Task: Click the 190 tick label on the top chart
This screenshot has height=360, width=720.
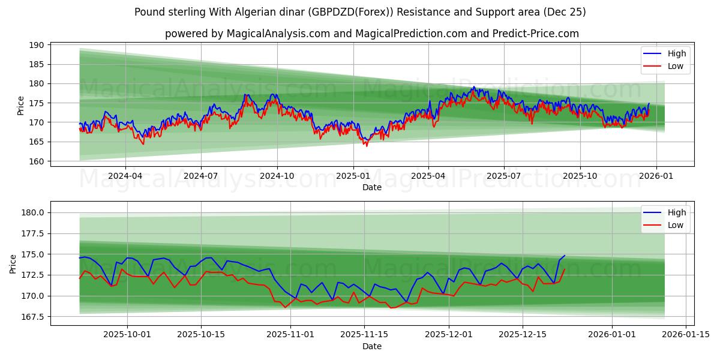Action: tap(36, 45)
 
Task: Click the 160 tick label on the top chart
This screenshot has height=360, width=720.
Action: tap(36, 161)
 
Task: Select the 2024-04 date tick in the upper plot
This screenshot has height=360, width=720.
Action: tap(125, 176)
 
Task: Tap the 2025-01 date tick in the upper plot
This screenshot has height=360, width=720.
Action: tap(353, 176)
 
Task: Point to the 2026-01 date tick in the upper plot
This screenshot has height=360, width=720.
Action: tap(656, 176)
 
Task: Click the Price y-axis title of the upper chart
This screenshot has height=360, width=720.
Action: tap(21, 104)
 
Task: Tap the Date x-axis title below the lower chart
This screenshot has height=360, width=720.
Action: tap(372, 346)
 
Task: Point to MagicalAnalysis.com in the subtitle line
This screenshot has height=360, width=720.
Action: tap(278, 34)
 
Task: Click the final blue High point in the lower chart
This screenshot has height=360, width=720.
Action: tap(565, 256)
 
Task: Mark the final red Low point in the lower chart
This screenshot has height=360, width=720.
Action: tap(565, 269)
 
